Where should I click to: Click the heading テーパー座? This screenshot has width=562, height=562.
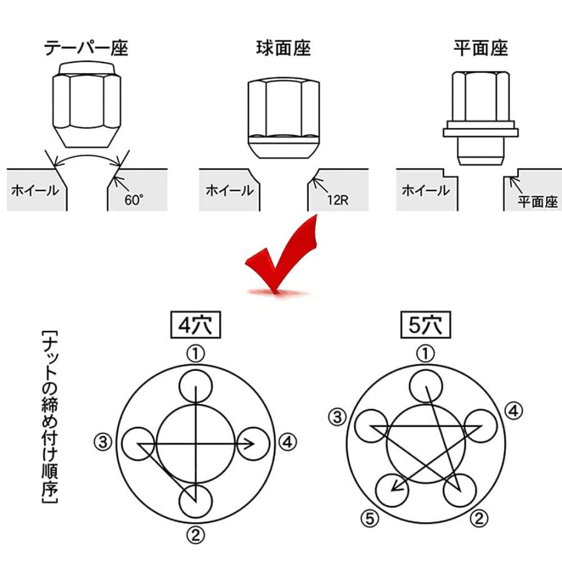tap(86, 48)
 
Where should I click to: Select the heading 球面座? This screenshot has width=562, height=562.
tap(283, 48)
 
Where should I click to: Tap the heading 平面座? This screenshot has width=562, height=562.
tap(481, 48)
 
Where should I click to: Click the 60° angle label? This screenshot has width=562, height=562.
tap(134, 201)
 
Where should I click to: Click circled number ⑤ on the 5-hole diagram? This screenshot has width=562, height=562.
tap(369, 518)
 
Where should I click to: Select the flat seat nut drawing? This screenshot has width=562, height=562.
tap(480, 116)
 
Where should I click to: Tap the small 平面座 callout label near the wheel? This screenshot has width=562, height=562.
tap(536, 203)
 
